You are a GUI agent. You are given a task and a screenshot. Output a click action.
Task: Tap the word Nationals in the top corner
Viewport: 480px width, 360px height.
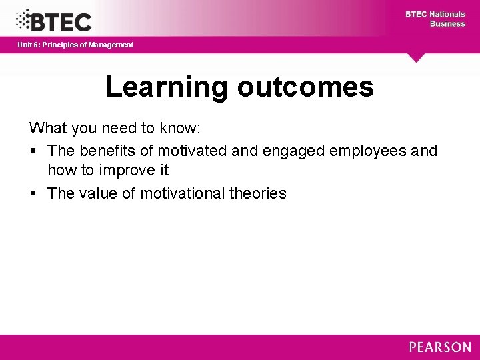click(x=447, y=14)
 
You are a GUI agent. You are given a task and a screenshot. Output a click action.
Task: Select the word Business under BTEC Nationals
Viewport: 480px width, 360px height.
click(x=447, y=23)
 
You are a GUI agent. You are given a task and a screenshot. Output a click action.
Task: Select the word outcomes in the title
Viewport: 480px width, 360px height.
click(x=305, y=87)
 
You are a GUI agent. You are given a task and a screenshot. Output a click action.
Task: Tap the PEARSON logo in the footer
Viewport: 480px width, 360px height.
click(x=440, y=347)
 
